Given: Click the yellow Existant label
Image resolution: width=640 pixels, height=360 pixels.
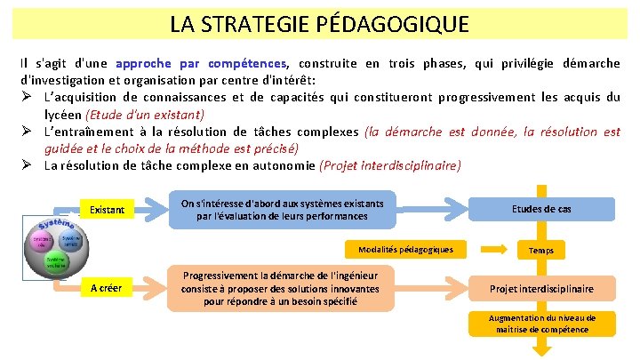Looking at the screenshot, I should tap(107, 210).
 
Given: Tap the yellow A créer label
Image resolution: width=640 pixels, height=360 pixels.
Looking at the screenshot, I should tap(107, 287).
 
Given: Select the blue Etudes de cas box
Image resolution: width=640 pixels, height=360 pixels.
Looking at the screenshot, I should tap(541, 209).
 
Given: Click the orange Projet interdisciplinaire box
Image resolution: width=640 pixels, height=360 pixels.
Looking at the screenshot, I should tap(541, 288).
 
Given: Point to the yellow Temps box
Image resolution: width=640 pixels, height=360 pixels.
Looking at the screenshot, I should tap(540, 250).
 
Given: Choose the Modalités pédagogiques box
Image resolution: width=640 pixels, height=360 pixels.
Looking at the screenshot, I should tap(405, 249).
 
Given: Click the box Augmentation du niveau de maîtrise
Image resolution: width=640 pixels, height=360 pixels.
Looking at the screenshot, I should tap(541, 324).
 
